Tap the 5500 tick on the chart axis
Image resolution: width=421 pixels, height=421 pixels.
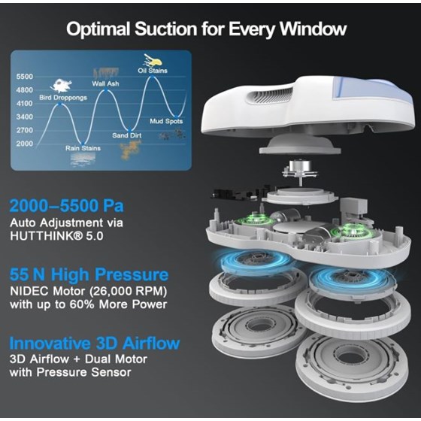pos(24,77)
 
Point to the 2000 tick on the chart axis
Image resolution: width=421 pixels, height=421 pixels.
pos(24,143)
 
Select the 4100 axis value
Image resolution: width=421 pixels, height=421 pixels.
pos(24,103)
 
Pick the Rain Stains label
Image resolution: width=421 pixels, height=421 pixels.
pos(83,148)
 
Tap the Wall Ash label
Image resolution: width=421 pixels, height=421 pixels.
pos(107,83)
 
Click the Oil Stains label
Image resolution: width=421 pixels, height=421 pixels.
pos(153,71)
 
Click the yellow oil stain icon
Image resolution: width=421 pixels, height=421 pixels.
pos(153,59)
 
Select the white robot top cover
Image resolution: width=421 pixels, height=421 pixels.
pos(316,105)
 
